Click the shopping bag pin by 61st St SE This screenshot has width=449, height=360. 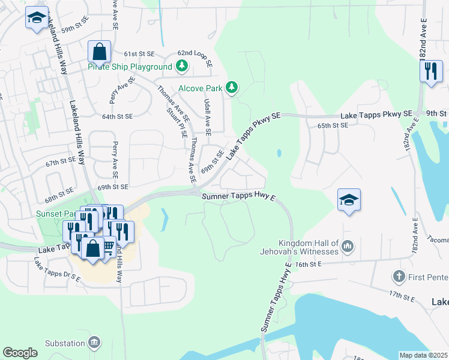pyautogui.click(x=100, y=52)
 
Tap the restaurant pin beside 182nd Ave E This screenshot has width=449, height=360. pyautogui.click(x=430, y=72)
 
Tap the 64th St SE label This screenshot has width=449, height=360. pyautogui.click(x=117, y=116)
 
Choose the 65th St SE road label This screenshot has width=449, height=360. pyautogui.click(x=333, y=125)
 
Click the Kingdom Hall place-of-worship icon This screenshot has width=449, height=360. pyautogui.click(x=348, y=245)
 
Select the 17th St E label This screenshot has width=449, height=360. pyautogui.click(x=402, y=295)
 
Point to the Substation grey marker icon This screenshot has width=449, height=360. pyautogui.click(x=94, y=343)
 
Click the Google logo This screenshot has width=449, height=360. pyautogui.click(x=20, y=353)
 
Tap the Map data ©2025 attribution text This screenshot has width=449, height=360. pyautogui.click(x=423, y=355)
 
